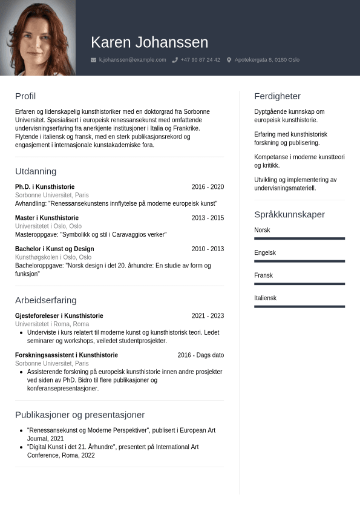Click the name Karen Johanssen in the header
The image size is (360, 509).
[x=149, y=42]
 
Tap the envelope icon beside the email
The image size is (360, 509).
[x=93, y=60]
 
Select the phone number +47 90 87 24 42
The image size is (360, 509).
[x=200, y=60]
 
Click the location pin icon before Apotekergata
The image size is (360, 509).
[x=229, y=60]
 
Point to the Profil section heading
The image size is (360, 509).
[x=25, y=96]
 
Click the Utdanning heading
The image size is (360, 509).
[x=36, y=171]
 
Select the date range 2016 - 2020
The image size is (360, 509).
[x=208, y=187]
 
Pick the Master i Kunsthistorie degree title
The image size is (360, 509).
[x=47, y=218]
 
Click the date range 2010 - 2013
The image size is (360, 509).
[x=208, y=249]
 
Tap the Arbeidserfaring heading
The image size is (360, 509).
[x=46, y=300]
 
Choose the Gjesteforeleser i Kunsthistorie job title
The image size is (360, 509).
[x=59, y=316]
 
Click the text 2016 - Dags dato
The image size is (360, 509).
[x=200, y=355]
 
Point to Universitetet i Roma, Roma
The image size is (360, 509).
[x=52, y=324]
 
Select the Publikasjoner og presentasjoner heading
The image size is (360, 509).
[x=80, y=415]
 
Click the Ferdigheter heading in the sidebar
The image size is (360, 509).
[x=277, y=96]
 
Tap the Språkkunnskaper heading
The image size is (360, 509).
[x=289, y=214]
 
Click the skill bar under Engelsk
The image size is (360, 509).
[x=299, y=261]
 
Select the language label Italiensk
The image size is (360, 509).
[x=265, y=298]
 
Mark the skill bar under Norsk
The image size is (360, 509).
[x=299, y=238]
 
